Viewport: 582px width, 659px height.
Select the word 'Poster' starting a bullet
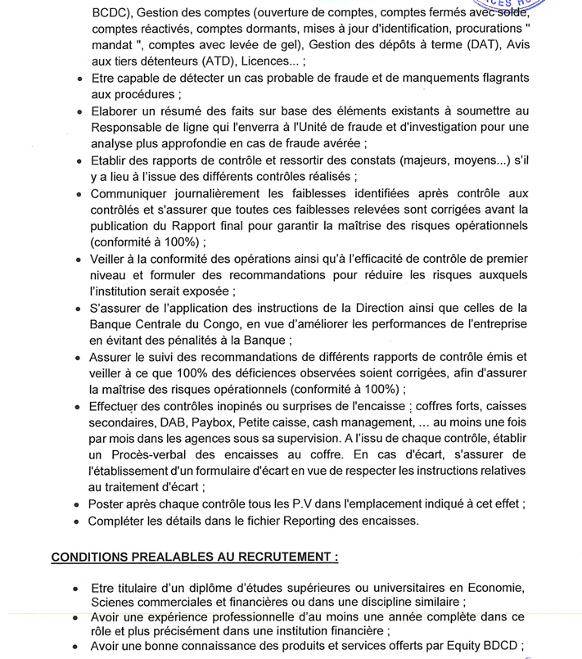107,503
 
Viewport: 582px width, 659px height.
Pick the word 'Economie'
497,587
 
